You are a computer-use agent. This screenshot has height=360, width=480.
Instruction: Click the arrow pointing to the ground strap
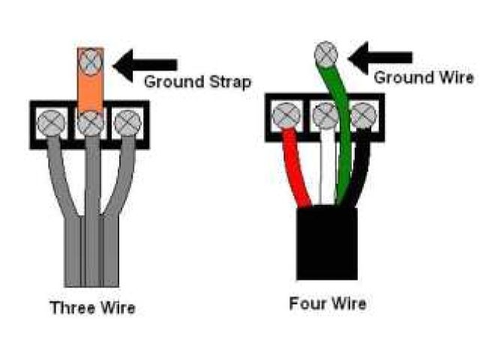pos(149,64)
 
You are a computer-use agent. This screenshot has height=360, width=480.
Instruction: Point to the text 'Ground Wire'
pos(424,77)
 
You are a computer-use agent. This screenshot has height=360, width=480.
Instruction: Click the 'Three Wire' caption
pos(92,307)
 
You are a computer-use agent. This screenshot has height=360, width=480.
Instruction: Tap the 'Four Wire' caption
pos(328,304)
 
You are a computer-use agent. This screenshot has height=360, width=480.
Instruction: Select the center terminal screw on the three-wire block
pos(91,123)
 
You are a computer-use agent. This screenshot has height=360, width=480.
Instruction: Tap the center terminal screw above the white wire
pos(325,115)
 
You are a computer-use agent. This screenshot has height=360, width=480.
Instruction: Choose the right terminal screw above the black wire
pos(364,115)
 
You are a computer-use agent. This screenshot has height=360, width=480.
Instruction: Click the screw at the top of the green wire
pos(325,54)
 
